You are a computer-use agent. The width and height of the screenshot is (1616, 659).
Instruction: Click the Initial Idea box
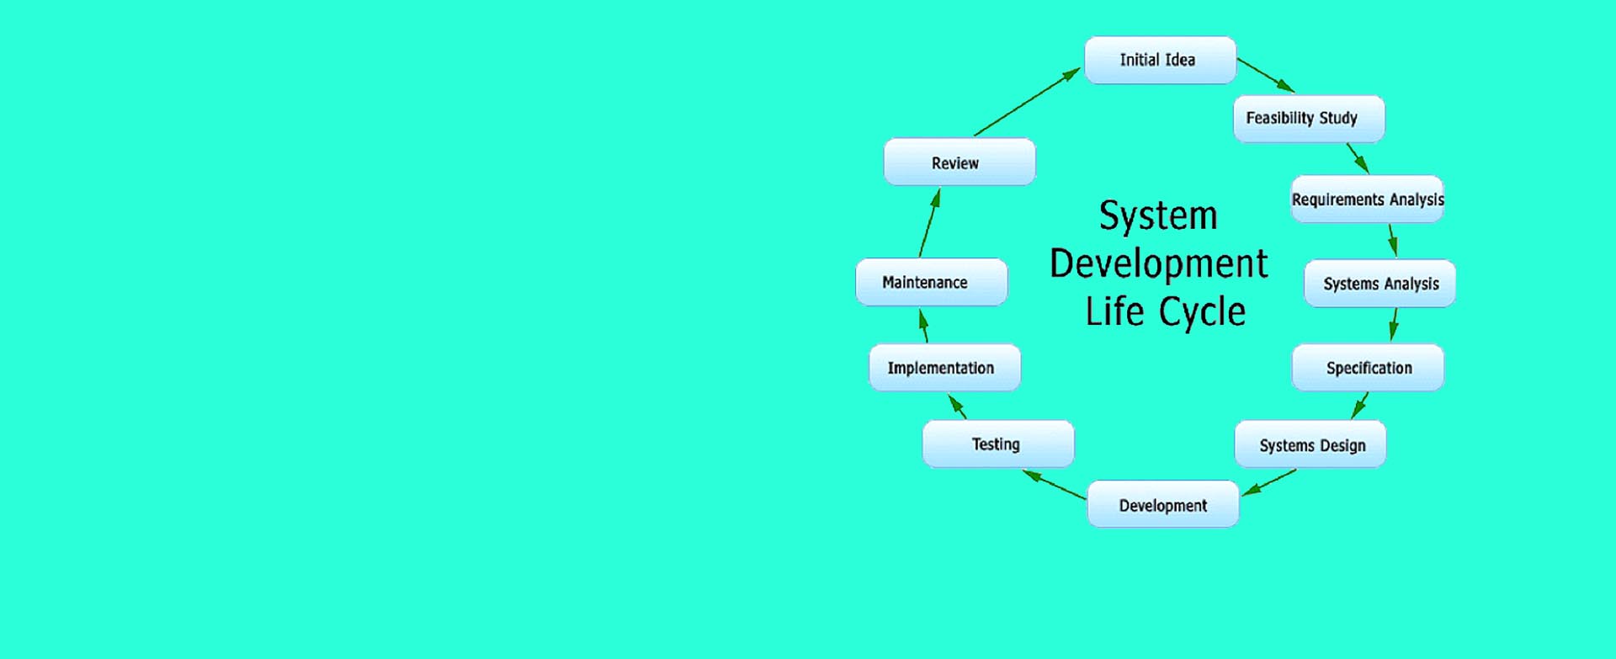pos(1160,60)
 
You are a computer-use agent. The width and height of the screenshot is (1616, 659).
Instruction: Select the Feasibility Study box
pos(1309,119)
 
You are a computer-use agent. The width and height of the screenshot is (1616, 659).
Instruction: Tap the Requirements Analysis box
pos(1368,199)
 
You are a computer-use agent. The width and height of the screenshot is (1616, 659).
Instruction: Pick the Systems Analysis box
pos(1380,284)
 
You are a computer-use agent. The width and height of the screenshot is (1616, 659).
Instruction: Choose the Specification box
pos(1369,368)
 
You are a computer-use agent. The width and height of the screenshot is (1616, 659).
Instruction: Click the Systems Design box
pos(1310,444)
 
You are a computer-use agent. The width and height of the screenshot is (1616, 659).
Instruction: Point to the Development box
pos(1163,504)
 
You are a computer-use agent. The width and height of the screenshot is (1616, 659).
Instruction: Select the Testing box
pos(998,444)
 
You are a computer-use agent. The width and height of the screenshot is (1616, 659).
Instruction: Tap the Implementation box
pos(945,368)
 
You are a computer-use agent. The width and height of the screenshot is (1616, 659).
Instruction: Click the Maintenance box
pos(932,282)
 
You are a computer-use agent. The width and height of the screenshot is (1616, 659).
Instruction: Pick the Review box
pos(959,162)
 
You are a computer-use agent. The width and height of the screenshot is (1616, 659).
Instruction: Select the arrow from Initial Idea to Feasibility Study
pos(1266,75)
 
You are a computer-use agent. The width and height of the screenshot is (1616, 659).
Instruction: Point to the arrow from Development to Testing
pos(1054,485)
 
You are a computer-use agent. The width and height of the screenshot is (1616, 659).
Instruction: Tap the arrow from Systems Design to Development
pos(1269,482)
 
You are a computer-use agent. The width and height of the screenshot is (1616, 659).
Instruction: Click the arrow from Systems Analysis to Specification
pos(1395,324)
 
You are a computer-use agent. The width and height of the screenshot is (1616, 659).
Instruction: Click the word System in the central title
pos(1158,215)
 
